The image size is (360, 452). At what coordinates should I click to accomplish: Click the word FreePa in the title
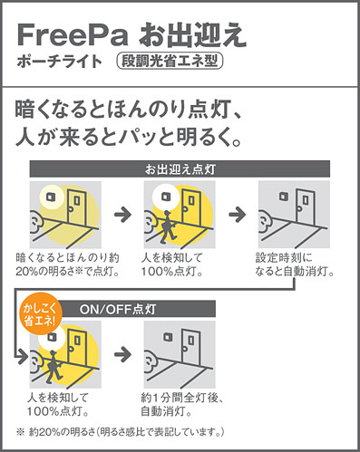pos(73,35)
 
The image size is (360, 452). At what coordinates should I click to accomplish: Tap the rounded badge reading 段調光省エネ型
pos(170,62)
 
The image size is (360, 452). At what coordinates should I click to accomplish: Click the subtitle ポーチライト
pos(60,62)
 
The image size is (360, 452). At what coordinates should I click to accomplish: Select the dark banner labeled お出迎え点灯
pos(180,168)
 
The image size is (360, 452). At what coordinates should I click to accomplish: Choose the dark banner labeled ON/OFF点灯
pos(137,309)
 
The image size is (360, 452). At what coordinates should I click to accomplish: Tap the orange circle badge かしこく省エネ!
pos(39,313)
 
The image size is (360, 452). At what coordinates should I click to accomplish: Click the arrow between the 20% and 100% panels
pos(122,215)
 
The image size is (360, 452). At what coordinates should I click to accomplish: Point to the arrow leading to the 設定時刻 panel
pos(238,215)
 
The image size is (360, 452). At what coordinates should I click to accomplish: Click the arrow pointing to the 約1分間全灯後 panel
pos(122,354)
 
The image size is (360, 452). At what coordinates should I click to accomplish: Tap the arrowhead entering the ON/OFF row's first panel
pos(23,357)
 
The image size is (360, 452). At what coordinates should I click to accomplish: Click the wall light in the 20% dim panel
pos(51,197)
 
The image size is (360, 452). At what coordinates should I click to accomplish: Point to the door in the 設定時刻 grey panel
pos(306,207)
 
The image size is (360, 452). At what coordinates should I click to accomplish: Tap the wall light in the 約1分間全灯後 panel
pos(168,337)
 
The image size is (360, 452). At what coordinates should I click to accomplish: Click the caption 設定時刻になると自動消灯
pos(295,264)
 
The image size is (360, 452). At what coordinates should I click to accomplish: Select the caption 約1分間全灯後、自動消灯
pos(182,405)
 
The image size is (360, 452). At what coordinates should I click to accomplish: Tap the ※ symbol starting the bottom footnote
pos(20,432)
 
